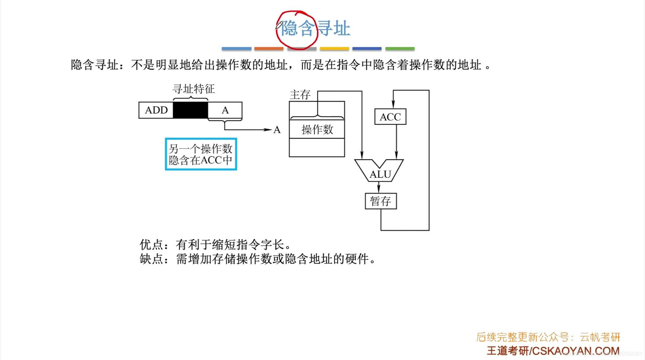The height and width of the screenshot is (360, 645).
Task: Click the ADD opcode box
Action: pos(156,110)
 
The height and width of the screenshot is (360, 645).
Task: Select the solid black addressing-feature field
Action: pos(190,110)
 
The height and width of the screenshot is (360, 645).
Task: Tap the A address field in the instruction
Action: pos(225,110)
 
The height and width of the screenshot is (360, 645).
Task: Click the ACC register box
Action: pos(390,117)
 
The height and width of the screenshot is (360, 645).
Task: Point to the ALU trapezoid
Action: pos(379,171)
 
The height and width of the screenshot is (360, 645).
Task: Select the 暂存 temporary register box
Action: pos(380,201)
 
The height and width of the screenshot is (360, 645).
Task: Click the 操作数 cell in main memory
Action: pos(317,129)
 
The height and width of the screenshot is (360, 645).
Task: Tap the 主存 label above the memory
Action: pos(300,95)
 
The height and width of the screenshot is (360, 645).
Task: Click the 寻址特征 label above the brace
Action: pos(194,89)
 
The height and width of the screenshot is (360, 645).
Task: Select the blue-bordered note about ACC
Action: pos(201,154)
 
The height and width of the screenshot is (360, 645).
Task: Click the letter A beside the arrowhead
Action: pos(277,130)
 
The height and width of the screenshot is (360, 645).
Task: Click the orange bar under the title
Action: pos(269,49)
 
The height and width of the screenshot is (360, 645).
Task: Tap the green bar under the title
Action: pos(400,49)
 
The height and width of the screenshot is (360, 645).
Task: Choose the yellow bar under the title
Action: pos(334,49)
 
